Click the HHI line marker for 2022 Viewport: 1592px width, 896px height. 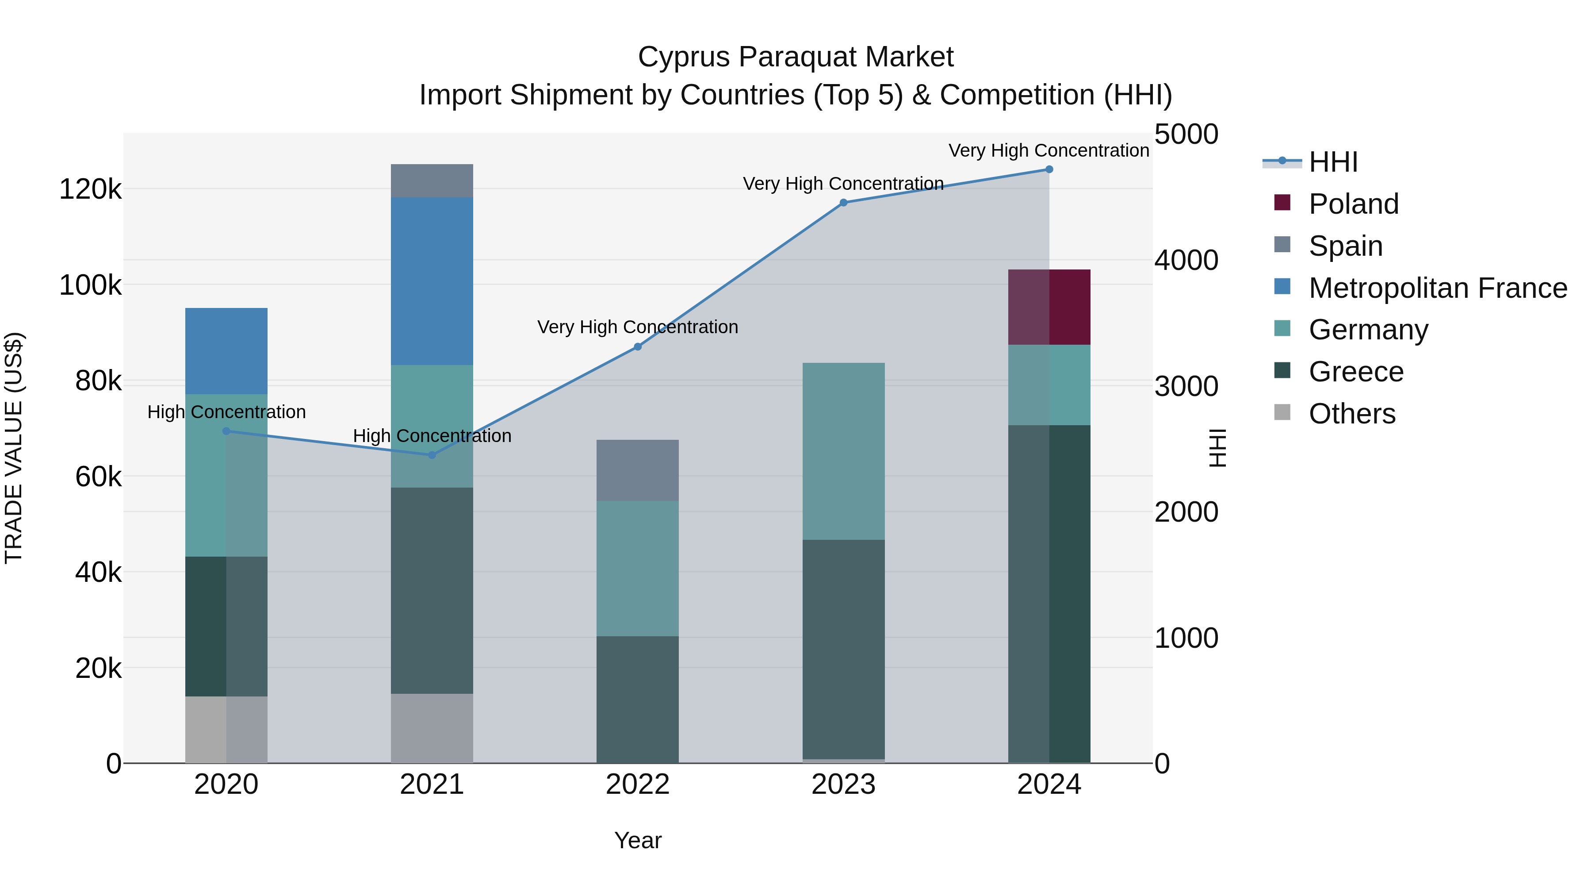638,347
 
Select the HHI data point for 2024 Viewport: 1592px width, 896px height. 1049,169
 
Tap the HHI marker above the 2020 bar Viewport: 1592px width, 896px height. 226,431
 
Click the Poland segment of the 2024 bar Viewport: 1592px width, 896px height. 1049,308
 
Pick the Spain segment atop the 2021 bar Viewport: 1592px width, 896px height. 432,181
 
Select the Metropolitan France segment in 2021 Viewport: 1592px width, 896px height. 432,281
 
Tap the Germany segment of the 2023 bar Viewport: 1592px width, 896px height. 844,451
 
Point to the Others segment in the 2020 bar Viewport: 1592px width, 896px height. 226,730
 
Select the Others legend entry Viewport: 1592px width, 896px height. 1351,414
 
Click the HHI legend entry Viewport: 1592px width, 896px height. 1333,162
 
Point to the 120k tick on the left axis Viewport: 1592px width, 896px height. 90,189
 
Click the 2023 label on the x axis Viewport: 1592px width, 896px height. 844,784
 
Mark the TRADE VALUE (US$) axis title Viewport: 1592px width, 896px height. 14,448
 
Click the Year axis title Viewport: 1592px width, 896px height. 638,840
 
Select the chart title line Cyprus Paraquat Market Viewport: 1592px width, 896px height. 796,57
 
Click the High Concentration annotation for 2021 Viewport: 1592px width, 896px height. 432,436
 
